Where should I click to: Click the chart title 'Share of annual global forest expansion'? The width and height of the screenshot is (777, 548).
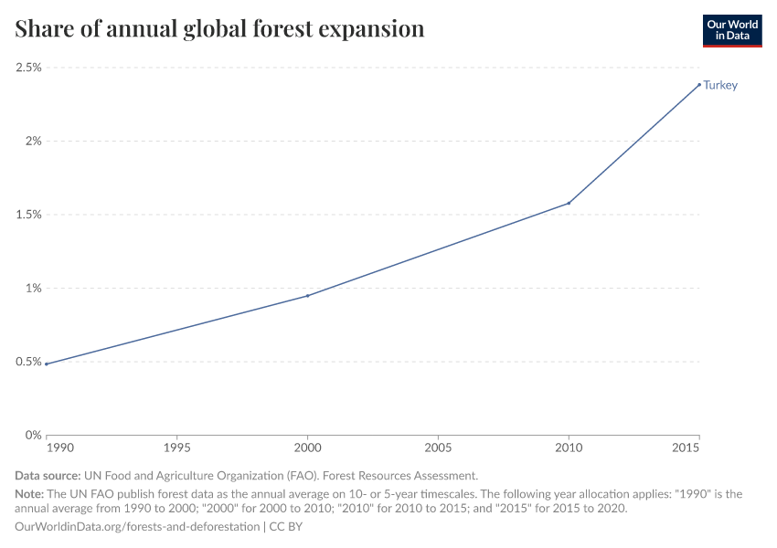219,29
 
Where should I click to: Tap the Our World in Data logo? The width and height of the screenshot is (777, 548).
731,30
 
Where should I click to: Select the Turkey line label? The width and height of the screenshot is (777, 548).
720,86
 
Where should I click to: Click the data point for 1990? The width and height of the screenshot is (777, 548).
46,364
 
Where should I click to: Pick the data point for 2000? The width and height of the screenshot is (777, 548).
307,295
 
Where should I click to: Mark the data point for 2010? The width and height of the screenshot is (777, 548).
569,203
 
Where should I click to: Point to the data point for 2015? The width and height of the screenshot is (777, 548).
699,85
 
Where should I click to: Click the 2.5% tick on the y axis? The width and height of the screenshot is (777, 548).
29,68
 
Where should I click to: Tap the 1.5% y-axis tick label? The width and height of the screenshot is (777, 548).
29,215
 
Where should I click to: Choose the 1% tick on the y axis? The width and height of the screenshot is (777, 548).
35,289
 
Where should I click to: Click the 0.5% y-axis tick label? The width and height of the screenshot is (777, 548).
29,362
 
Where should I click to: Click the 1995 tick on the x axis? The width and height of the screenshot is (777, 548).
176,449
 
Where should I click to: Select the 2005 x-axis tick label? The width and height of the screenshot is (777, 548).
438,449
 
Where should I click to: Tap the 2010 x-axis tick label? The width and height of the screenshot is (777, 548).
569,449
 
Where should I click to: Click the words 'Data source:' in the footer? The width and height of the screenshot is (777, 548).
48,476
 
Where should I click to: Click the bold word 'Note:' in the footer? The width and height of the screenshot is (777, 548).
30,493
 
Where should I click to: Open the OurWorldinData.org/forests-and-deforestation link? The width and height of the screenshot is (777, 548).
137,527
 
